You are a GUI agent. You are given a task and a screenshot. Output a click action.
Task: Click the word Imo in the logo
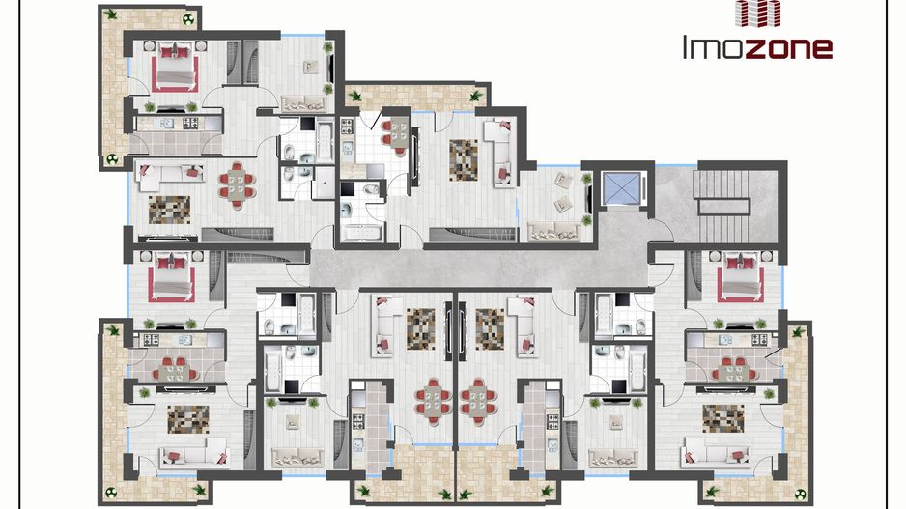click(x=714, y=47)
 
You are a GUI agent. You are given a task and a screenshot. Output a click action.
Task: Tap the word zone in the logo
click(x=789, y=49)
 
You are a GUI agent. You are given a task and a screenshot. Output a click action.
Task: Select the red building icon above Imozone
click(x=757, y=13)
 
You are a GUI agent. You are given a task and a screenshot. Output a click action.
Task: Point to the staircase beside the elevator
click(x=723, y=206)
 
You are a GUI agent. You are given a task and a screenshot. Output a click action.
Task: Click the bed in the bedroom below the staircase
click(x=740, y=276)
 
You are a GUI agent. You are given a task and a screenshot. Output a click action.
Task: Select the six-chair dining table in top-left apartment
click(x=237, y=184)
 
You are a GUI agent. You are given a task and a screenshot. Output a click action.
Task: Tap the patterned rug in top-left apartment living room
click(x=169, y=210)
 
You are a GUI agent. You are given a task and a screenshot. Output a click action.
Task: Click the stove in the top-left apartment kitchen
click(x=190, y=123)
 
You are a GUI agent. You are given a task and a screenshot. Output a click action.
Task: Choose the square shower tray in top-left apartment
click(x=325, y=183)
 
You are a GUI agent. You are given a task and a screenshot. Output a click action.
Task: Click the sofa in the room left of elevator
click(x=554, y=232)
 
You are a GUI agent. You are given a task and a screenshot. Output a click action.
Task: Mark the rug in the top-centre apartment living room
click(x=464, y=160)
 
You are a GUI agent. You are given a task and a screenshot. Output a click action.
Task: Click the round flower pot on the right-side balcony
click(x=801, y=494)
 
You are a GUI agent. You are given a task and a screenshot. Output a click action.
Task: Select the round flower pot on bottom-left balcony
click(x=110, y=493)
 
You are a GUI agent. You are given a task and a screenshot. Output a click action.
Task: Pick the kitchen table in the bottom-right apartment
click(x=733, y=369)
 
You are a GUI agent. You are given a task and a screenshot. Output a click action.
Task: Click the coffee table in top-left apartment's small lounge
click(x=310, y=67)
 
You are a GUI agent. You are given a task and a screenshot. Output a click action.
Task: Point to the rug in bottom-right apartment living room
click(x=723, y=418)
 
